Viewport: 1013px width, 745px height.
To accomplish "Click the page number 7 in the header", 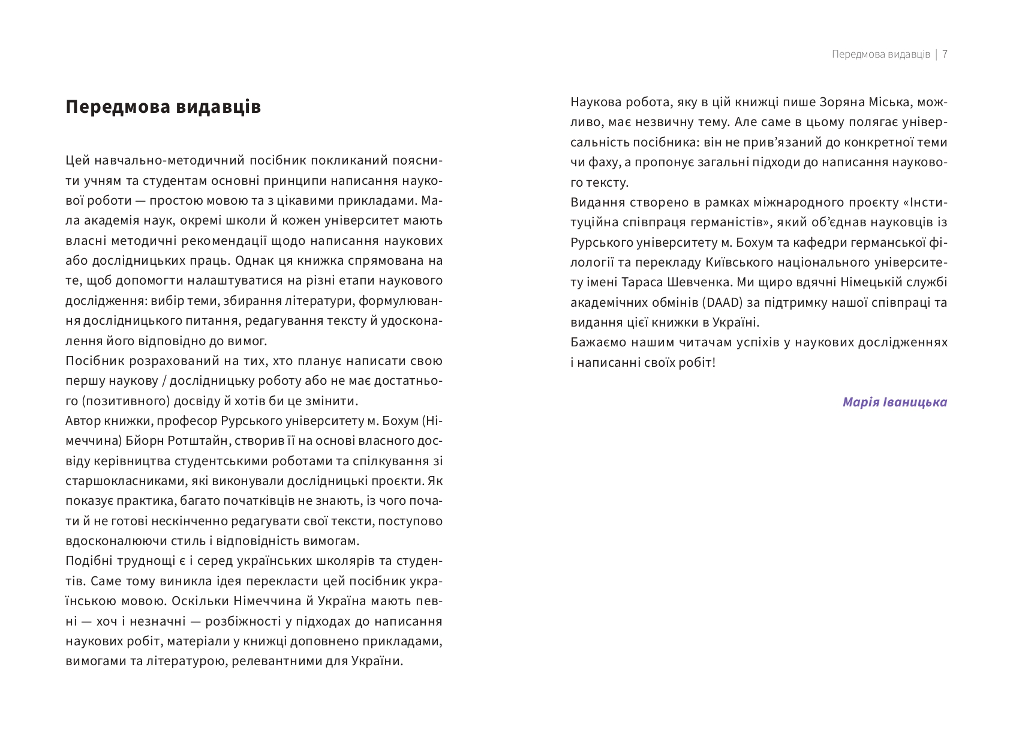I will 945,54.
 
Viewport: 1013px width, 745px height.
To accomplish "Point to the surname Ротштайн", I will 178,441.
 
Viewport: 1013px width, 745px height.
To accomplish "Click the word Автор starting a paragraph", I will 83,421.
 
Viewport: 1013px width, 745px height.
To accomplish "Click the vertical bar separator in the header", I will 936,54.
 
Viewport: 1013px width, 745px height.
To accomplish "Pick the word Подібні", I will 87,561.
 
